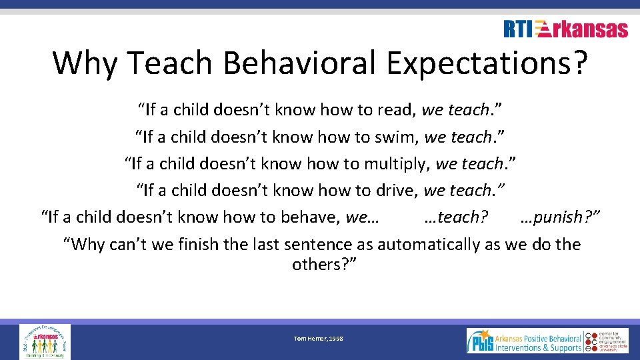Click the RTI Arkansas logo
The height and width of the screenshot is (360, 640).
click(x=565, y=29)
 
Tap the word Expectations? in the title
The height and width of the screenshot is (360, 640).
click(x=487, y=63)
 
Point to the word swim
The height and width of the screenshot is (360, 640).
click(x=396, y=137)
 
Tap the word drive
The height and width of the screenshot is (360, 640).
click(x=394, y=191)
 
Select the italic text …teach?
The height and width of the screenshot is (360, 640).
click(x=456, y=217)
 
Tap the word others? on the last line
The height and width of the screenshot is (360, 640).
click(x=325, y=265)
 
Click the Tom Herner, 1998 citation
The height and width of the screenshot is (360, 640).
click(x=318, y=339)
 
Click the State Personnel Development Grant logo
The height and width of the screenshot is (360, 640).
click(x=44, y=341)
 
